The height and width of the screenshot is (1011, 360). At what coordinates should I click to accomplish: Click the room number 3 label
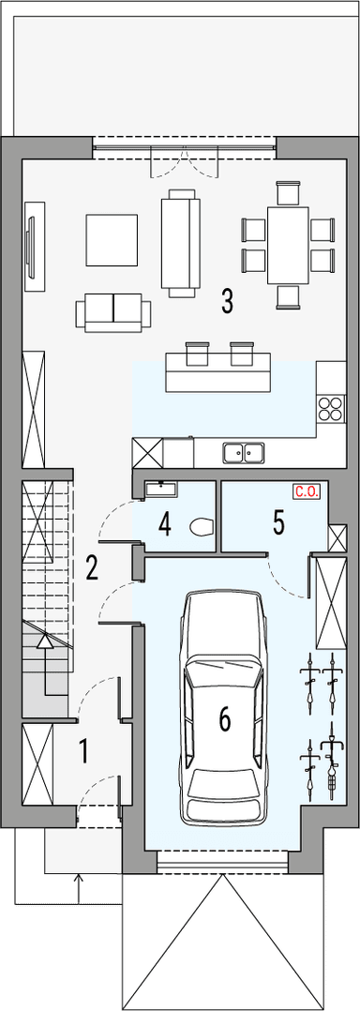[x=227, y=301]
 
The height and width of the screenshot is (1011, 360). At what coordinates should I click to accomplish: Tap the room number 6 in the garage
[x=224, y=719]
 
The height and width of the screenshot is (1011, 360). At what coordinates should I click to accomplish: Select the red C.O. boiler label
[x=306, y=490]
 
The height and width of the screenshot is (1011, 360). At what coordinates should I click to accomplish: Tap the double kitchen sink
[x=243, y=453]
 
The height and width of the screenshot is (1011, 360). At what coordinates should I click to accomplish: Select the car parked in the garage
[x=224, y=708]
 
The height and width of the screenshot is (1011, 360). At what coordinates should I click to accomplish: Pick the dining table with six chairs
[x=288, y=245]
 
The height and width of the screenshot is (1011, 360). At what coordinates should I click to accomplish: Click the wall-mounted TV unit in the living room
[x=34, y=241]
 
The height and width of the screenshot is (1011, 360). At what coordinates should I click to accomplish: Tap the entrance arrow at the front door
[x=79, y=882]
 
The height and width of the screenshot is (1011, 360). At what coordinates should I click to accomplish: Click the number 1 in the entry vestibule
[x=83, y=750]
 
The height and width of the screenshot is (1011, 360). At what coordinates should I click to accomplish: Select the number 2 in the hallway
[x=91, y=567]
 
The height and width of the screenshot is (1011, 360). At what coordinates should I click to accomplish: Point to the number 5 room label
[x=278, y=522]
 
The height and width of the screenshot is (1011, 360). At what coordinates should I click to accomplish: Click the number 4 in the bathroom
[x=164, y=523]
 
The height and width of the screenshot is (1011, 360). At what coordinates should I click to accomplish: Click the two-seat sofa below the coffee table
[x=113, y=310]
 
